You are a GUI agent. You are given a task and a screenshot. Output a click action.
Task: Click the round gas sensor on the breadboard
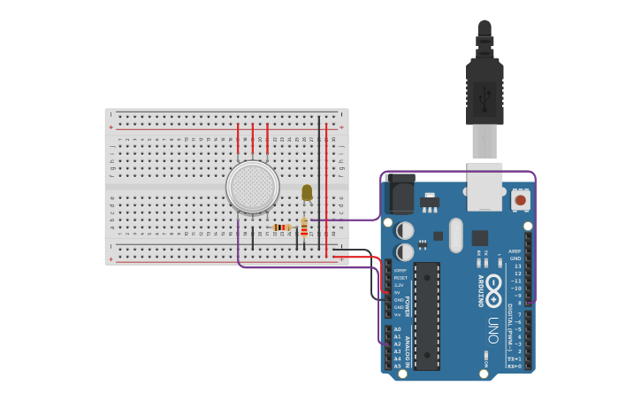pos(253,187)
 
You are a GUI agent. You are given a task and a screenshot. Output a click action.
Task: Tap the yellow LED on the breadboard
pos(307,192)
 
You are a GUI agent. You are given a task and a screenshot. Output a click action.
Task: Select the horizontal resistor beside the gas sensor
pos(282,227)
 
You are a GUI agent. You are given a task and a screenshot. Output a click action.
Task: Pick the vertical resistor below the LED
pos(304,229)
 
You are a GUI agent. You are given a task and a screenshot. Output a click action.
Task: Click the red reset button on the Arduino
pos(521,200)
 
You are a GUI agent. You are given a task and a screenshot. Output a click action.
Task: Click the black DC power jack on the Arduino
pos(400,194)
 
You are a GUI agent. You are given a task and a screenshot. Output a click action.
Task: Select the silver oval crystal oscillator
pos(455,235)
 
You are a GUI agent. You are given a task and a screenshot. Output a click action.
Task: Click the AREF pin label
pos(515,251)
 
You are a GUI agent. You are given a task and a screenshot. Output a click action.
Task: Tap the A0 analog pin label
pos(397,329)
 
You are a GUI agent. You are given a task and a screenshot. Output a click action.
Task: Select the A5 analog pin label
pos(397,366)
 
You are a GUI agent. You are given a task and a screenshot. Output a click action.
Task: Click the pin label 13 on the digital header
pos(517,266)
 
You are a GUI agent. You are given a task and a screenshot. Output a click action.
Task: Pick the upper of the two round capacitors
pos(405,230)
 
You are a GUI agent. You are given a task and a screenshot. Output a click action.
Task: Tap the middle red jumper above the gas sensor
pos(252,135)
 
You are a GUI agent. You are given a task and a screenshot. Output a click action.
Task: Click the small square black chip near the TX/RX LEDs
pos(479,237)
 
